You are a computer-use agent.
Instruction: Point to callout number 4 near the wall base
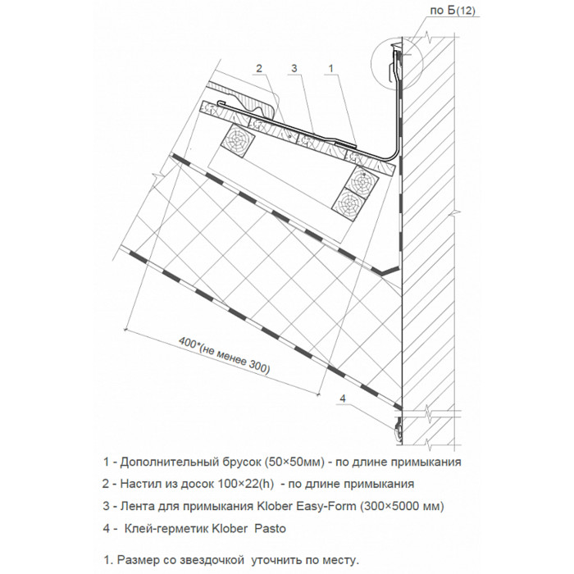coord(344,399)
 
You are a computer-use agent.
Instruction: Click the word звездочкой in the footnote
coord(211,560)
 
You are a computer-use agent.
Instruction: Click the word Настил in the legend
coord(132,483)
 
